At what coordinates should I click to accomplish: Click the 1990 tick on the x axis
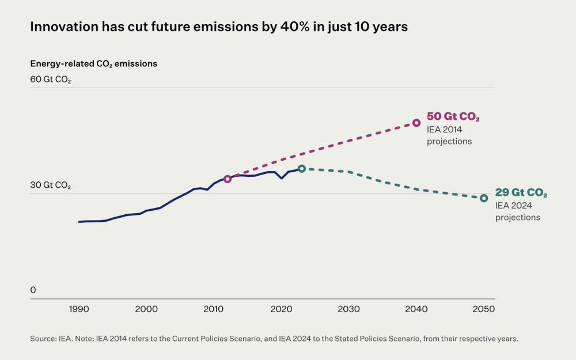pyautogui.click(x=79, y=309)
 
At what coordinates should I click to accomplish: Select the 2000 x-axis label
pyautogui.click(x=146, y=309)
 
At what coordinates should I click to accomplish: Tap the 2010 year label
pyautogui.click(x=214, y=309)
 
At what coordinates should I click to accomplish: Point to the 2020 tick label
pyautogui.click(x=281, y=309)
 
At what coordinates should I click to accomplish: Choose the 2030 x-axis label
pyautogui.click(x=348, y=309)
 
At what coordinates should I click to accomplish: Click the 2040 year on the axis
pyautogui.click(x=416, y=309)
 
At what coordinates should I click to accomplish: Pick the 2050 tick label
pyautogui.click(x=483, y=309)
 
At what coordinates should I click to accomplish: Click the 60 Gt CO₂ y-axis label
pyautogui.click(x=51, y=79)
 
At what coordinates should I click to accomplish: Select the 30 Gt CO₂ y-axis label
pyautogui.click(x=51, y=185)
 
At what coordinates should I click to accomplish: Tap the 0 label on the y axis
pyautogui.click(x=33, y=290)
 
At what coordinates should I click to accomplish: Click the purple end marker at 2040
pyautogui.click(x=416, y=123)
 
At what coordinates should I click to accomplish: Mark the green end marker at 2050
pyautogui.click(x=484, y=198)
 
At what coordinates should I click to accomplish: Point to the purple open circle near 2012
pyautogui.click(x=228, y=179)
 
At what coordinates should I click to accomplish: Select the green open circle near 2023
pyautogui.click(x=301, y=169)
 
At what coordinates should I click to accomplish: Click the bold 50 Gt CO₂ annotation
pyautogui.click(x=453, y=118)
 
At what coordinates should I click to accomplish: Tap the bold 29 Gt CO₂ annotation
pyautogui.click(x=521, y=194)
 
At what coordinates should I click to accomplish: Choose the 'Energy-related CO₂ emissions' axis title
pyautogui.click(x=93, y=64)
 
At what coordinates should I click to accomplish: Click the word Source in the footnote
pyautogui.click(x=43, y=339)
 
